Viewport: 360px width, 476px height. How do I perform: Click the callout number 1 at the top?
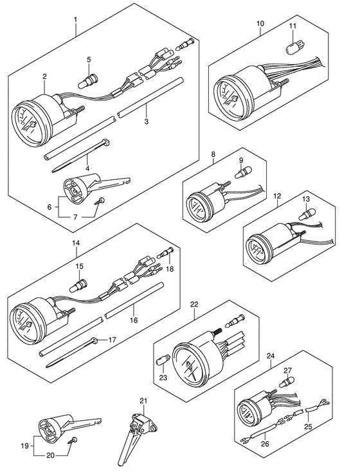[x=75, y=20]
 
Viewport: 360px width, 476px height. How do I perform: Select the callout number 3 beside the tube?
[x=147, y=122]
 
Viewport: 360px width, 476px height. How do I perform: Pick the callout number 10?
[x=260, y=23]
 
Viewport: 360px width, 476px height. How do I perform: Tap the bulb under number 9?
[x=242, y=173]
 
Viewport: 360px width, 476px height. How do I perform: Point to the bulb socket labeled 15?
[x=79, y=285]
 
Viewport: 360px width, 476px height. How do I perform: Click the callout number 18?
[x=170, y=269]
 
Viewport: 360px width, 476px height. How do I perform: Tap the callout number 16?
[x=134, y=320]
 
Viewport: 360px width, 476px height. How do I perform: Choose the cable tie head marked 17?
[x=94, y=340]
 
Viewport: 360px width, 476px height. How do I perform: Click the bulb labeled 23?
[x=161, y=362]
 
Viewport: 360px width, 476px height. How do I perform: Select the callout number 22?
[x=194, y=304]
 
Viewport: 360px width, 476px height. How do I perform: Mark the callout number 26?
[x=265, y=445]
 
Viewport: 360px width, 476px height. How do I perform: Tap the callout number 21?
[x=143, y=401]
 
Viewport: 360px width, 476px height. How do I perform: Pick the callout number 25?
[x=308, y=427]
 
